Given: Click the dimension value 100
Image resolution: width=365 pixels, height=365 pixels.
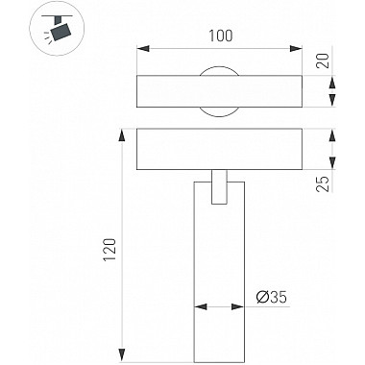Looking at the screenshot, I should pyautogui.click(x=221, y=36).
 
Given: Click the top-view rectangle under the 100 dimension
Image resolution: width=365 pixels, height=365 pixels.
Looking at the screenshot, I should pyautogui.click(x=220, y=90).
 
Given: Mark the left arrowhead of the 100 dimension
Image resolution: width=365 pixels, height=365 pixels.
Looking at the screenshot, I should pyautogui.click(x=142, y=47).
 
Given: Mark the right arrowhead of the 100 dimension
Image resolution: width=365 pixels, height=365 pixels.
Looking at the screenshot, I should pyautogui.click(x=298, y=47).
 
